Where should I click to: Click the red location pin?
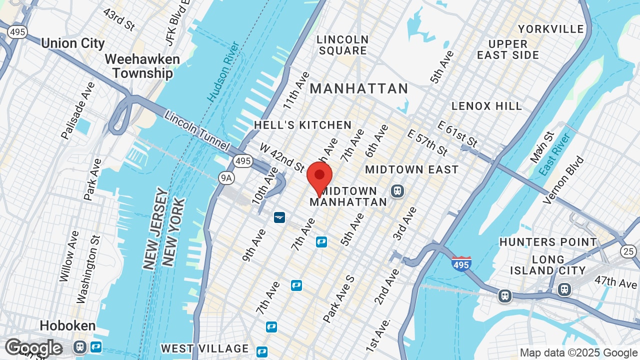click(x=319, y=178)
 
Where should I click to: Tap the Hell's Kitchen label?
click(x=302, y=125)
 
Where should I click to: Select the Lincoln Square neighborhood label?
click(x=342, y=45)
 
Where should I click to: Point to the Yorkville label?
click(x=551, y=29)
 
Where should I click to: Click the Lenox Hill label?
click(x=486, y=106)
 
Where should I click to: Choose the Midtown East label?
click(x=411, y=169)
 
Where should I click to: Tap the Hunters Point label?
click(x=548, y=242)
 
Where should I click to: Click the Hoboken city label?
click(x=67, y=326)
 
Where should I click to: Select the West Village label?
click(x=205, y=348)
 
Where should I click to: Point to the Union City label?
click(x=73, y=43)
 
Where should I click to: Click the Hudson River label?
click(x=223, y=78)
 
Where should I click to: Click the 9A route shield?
click(x=226, y=177)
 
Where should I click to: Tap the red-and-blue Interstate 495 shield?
click(x=460, y=263)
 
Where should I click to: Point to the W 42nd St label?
click(x=281, y=157)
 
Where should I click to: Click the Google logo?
click(x=33, y=347)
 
